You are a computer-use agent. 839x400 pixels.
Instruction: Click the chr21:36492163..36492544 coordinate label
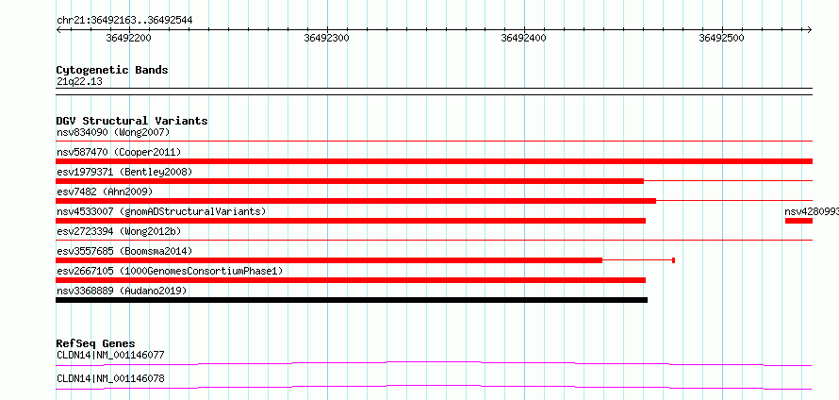pos(124,21)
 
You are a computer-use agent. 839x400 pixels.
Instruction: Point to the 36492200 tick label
pos(129,38)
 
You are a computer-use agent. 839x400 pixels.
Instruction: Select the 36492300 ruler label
pos(326,38)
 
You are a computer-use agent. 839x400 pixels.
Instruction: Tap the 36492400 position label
pos(524,38)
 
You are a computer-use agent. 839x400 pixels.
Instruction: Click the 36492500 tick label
pos(722,38)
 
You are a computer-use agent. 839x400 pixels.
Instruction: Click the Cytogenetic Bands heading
pos(112,70)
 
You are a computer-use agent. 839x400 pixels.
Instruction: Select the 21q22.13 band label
pos(79,82)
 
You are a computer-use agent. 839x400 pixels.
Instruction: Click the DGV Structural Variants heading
pos(132,121)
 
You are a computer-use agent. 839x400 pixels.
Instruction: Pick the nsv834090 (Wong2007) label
pos(113,132)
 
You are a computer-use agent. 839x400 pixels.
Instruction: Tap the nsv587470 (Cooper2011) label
pos(119,153)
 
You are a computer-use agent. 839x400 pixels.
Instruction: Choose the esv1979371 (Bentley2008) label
pos(124,172)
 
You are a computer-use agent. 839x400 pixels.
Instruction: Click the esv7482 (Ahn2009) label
pos(105,192)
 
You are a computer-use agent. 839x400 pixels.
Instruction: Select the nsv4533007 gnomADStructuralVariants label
pos(161,211)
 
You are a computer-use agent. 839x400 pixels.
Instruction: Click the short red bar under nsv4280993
pos(798,221)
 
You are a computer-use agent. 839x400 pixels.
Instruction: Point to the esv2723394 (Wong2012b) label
pos(119,231)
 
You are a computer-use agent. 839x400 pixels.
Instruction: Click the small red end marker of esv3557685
pos(673,260)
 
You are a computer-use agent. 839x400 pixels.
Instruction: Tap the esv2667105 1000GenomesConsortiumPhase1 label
pos(170,272)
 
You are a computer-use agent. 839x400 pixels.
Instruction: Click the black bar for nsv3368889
pos(352,300)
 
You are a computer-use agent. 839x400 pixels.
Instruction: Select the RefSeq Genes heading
pos(96,343)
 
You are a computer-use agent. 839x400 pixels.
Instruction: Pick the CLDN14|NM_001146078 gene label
pos(110,379)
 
